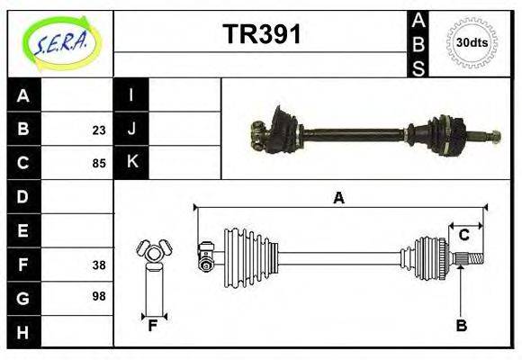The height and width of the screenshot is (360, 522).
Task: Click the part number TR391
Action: tap(261, 35)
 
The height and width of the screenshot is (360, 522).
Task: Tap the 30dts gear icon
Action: tap(472, 41)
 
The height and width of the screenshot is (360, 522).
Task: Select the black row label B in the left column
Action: tap(23, 130)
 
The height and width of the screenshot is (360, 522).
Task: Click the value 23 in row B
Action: tap(98, 130)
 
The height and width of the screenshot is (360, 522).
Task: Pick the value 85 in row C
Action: tap(98, 164)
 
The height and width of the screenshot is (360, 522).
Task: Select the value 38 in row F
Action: tap(98, 265)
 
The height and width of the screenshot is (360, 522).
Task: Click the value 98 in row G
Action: tap(98, 296)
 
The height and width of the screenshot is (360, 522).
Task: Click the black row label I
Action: tap(131, 95)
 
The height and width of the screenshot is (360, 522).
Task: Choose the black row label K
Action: tap(131, 163)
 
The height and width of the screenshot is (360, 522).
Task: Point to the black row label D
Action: tap(23, 197)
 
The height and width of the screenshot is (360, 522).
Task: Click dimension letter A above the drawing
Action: tap(338, 198)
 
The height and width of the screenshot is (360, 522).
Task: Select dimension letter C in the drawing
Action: tap(463, 236)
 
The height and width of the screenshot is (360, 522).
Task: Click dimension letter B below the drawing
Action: tap(461, 326)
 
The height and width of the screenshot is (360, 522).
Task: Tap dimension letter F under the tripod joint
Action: tap(154, 326)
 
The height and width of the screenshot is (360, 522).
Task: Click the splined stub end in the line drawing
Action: tap(470, 259)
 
